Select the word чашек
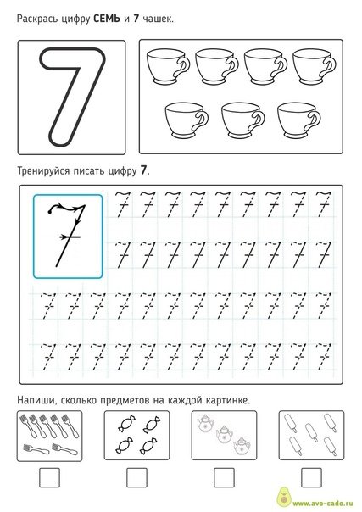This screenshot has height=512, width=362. (156, 18)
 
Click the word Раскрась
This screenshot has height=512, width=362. (38, 18)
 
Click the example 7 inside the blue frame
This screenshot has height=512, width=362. (67, 233)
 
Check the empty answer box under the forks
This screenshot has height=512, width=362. (50, 478)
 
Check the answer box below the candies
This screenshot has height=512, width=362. (136, 478)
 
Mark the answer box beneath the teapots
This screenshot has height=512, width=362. (223, 478)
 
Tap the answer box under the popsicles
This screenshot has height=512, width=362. (309, 478)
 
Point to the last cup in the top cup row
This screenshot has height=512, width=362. (311, 66)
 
